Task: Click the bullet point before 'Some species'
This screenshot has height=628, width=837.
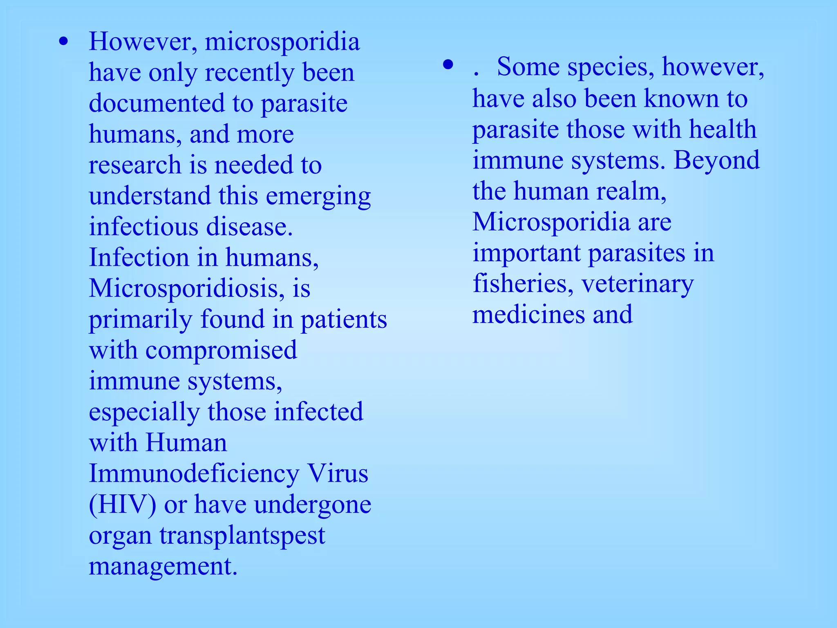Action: [448, 65]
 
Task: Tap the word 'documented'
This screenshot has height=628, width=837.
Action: [157, 103]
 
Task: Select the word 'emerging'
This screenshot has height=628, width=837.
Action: [318, 196]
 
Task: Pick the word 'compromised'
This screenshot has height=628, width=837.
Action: [221, 350]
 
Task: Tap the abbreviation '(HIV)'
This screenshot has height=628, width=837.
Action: [122, 505]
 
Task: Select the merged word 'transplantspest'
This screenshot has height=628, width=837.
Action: [242, 536]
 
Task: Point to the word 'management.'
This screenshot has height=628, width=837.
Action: [163, 567]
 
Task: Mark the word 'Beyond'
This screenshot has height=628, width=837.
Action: [716, 160]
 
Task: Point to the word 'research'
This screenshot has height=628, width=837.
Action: [135, 165]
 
